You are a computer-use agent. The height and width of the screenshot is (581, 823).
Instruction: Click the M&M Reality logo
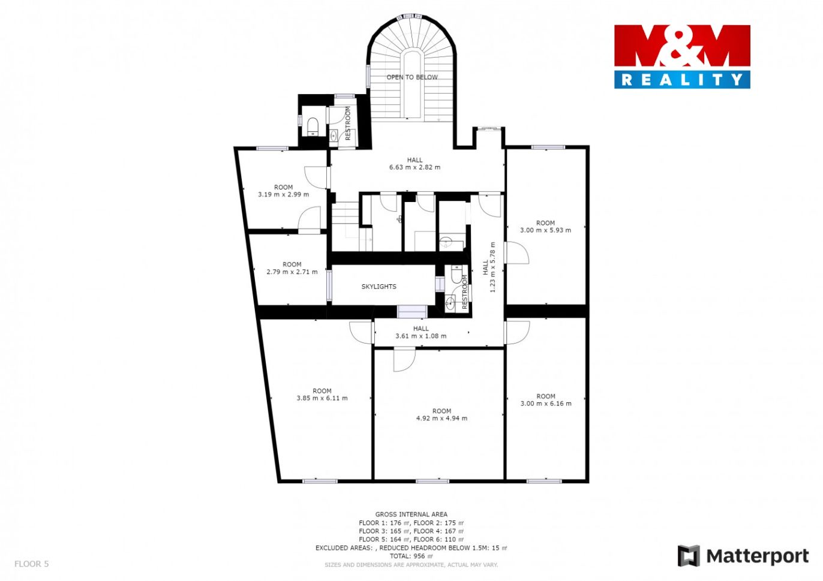(x=682, y=56)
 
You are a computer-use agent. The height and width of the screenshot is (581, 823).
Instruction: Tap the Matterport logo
(x=743, y=556)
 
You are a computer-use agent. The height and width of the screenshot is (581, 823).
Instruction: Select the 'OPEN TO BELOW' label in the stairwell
(x=412, y=77)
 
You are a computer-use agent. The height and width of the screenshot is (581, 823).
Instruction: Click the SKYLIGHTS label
(x=379, y=287)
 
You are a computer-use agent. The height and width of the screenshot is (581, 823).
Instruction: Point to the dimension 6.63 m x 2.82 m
(x=414, y=167)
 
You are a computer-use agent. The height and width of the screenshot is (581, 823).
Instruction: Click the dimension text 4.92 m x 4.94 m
(x=441, y=418)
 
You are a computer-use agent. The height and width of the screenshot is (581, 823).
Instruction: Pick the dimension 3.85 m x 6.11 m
(x=322, y=398)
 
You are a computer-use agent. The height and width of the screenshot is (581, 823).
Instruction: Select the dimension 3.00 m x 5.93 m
(x=546, y=230)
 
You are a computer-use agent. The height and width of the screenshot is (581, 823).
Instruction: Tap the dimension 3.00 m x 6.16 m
(x=546, y=404)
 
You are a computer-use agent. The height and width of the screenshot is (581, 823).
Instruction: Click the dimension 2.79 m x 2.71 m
(x=292, y=272)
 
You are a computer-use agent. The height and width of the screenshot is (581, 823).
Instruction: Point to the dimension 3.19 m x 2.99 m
(x=283, y=194)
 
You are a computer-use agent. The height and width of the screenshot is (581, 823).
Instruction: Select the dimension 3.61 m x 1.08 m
(x=421, y=336)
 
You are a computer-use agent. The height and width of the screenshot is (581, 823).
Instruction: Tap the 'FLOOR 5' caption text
(x=32, y=564)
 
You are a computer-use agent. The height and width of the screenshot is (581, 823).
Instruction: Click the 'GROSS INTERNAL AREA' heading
(x=411, y=514)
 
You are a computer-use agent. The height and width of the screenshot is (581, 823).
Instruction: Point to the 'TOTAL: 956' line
(x=411, y=556)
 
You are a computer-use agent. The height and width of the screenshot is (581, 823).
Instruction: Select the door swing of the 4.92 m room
(x=404, y=360)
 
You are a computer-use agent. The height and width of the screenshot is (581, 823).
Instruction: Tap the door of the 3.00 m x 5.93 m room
(x=517, y=252)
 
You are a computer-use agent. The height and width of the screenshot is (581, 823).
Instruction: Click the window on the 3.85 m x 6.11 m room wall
(x=320, y=481)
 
